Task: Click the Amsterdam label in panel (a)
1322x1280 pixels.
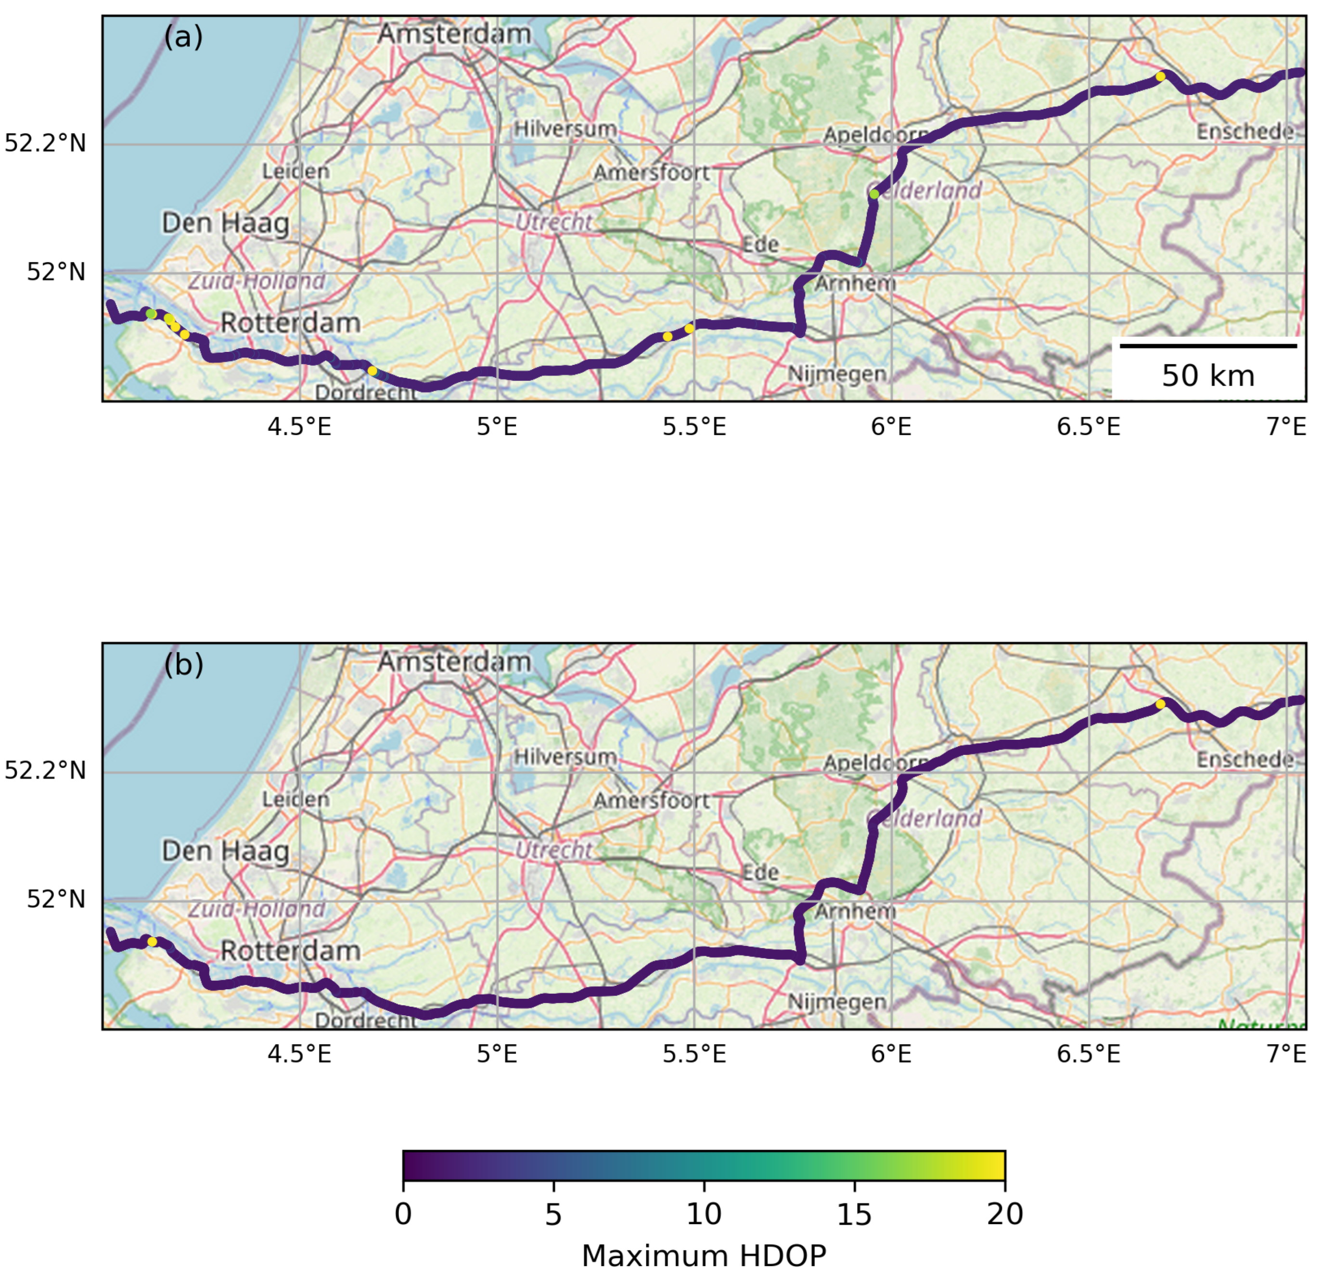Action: coord(454,34)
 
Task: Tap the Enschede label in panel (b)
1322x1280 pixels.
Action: coord(1245,760)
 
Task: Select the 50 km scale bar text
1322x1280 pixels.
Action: coord(1208,376)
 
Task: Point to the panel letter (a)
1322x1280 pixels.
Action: coord(183,37)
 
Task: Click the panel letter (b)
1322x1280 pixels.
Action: coord(183,665)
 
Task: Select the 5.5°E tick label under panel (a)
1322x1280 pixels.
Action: coord(694,427)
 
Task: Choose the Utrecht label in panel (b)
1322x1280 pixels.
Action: coord(554,850)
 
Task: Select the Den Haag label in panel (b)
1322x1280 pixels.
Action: coord(225,851)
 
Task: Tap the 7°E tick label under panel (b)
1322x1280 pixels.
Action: coord(1286,1055)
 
